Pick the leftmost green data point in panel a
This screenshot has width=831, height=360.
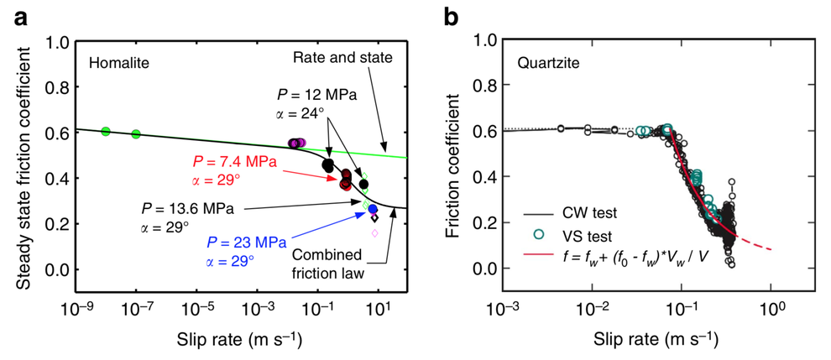[106, 131]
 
